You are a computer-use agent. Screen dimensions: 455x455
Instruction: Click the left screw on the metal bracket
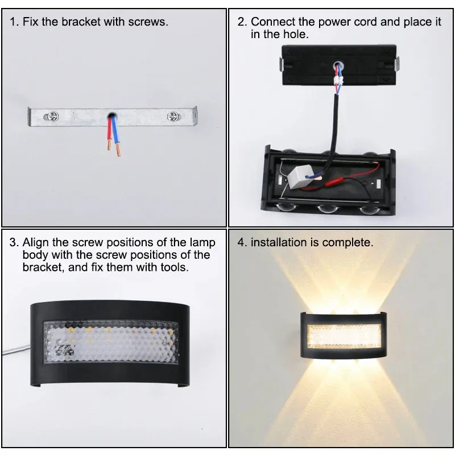(51, 117)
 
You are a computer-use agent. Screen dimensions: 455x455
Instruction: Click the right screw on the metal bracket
(173, 117)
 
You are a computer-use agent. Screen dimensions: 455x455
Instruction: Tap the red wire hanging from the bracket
(109, 133)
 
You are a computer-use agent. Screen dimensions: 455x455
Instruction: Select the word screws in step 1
(148, 22)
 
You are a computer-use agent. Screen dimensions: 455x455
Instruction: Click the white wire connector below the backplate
(338, 80)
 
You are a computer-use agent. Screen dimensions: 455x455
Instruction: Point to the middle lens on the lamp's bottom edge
(328, 208)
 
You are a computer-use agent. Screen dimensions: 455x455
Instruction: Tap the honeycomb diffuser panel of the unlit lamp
(111, 342)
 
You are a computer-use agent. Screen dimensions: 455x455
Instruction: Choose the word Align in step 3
(35, 243)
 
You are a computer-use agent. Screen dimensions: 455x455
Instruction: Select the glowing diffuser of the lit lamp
(344, 336)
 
